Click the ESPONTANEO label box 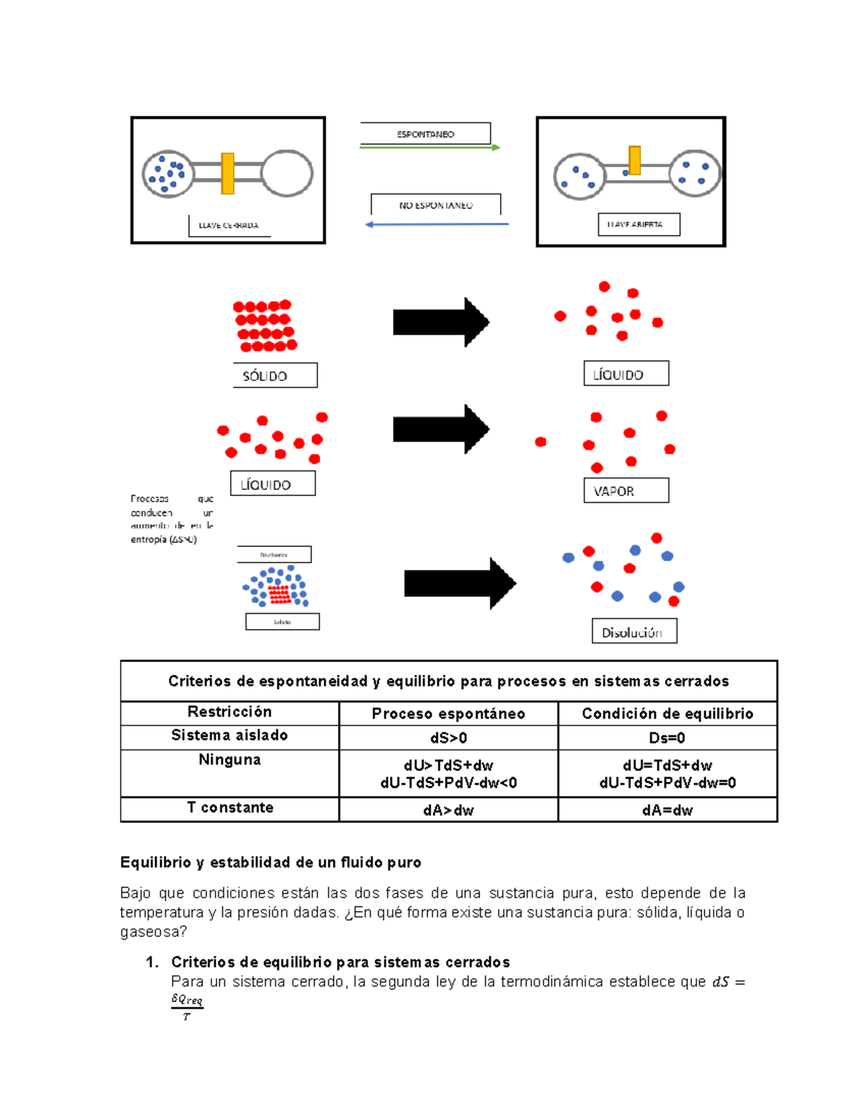click(425, 134)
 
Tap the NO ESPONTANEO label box click(435, 205)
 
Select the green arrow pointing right click(430, 148)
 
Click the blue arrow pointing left click(437, 224)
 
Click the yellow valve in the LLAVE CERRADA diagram click(227, 174)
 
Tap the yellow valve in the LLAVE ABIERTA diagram click(634, 161)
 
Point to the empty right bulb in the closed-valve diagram click(287, 174)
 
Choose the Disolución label click(634, 632)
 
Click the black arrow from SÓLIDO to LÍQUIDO click(441, 322)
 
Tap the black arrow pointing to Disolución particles click(460, 583)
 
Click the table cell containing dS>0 click(448, 738)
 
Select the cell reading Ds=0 click(667, 738)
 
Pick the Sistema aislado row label click(229, 736)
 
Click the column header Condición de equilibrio click(667, 714)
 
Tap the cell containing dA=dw click(667, 810)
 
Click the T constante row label click(229, 808)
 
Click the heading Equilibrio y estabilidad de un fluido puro click(271, 863)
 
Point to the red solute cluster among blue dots click(279, 594)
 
